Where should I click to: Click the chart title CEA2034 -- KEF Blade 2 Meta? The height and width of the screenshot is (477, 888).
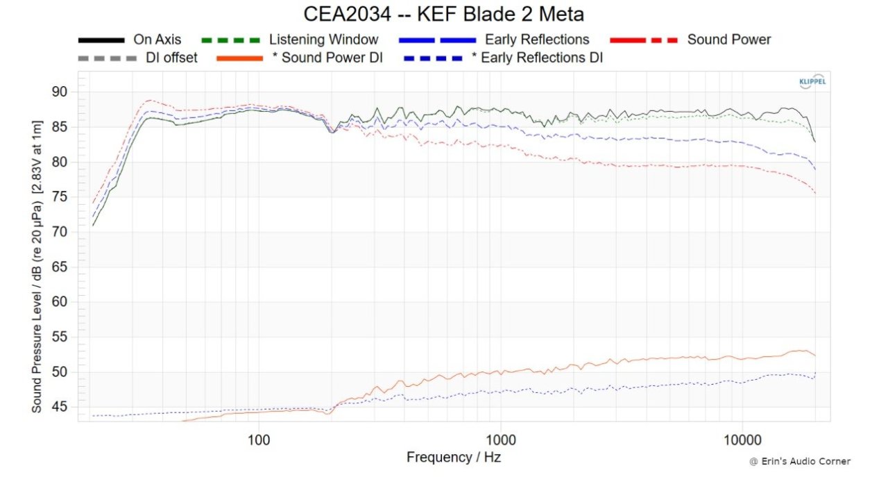[444, 13]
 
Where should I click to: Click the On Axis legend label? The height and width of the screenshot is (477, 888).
[157, 40]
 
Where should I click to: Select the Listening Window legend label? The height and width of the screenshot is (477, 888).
[323, 40]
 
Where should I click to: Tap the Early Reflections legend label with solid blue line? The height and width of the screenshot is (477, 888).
[537, 40]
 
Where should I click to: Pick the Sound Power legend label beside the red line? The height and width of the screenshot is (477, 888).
[728, 40]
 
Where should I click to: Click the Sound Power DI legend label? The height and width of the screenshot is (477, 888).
[327, 58]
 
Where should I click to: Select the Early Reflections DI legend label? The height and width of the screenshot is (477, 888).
[537, 58]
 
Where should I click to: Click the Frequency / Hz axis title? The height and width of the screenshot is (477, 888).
[453, 458]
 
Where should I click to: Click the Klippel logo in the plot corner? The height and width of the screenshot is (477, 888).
[812, 81]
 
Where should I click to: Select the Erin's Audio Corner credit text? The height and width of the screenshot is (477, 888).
[799, 462]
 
